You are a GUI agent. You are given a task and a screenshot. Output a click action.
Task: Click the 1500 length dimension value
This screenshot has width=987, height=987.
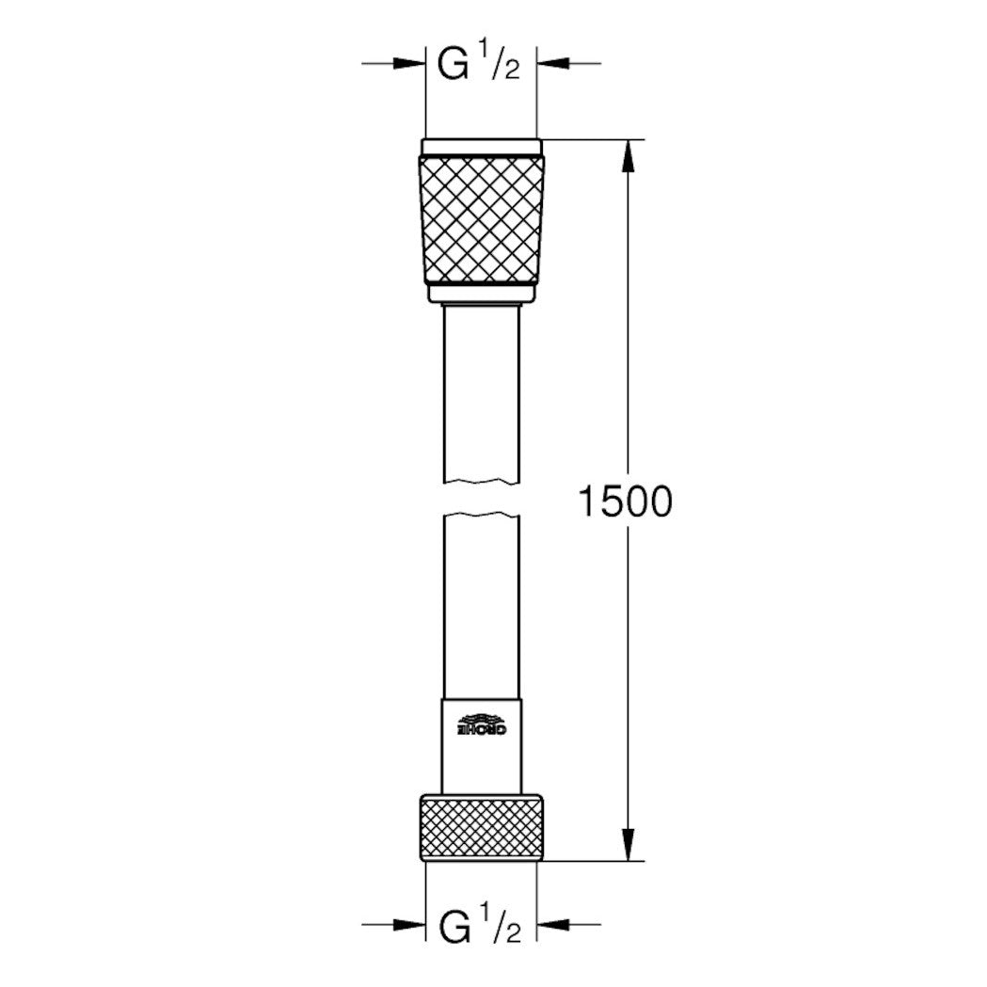[x=625, y=502]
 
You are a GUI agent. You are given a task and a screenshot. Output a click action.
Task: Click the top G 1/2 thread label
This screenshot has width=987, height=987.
[x=480, y=66]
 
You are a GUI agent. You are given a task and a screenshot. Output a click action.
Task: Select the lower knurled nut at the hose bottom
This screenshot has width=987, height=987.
[x=482, y=827]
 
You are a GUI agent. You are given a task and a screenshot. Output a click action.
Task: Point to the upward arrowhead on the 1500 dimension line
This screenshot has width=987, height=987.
[x=629, y=155]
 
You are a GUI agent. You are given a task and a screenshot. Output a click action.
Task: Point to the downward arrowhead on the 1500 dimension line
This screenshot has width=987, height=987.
[x=629, y=845]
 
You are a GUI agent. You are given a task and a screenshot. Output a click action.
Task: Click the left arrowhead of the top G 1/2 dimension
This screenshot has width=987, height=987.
[x=411, y=63]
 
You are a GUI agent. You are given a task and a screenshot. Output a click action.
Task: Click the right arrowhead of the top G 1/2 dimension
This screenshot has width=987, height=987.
[x=551, y=63]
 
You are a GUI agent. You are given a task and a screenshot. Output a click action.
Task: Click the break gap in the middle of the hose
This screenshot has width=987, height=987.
[x=482, y=499]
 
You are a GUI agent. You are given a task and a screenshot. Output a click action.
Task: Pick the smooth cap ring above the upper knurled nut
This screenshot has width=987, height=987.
[x=482, y=148]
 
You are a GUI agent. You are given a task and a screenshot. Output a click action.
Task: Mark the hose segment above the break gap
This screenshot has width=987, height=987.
[x=482, y=395]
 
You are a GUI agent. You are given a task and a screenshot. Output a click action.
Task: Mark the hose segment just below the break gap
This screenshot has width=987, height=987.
[x=482, y=602]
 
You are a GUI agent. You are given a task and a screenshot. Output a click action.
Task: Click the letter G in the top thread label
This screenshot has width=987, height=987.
[x=452, y=66]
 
